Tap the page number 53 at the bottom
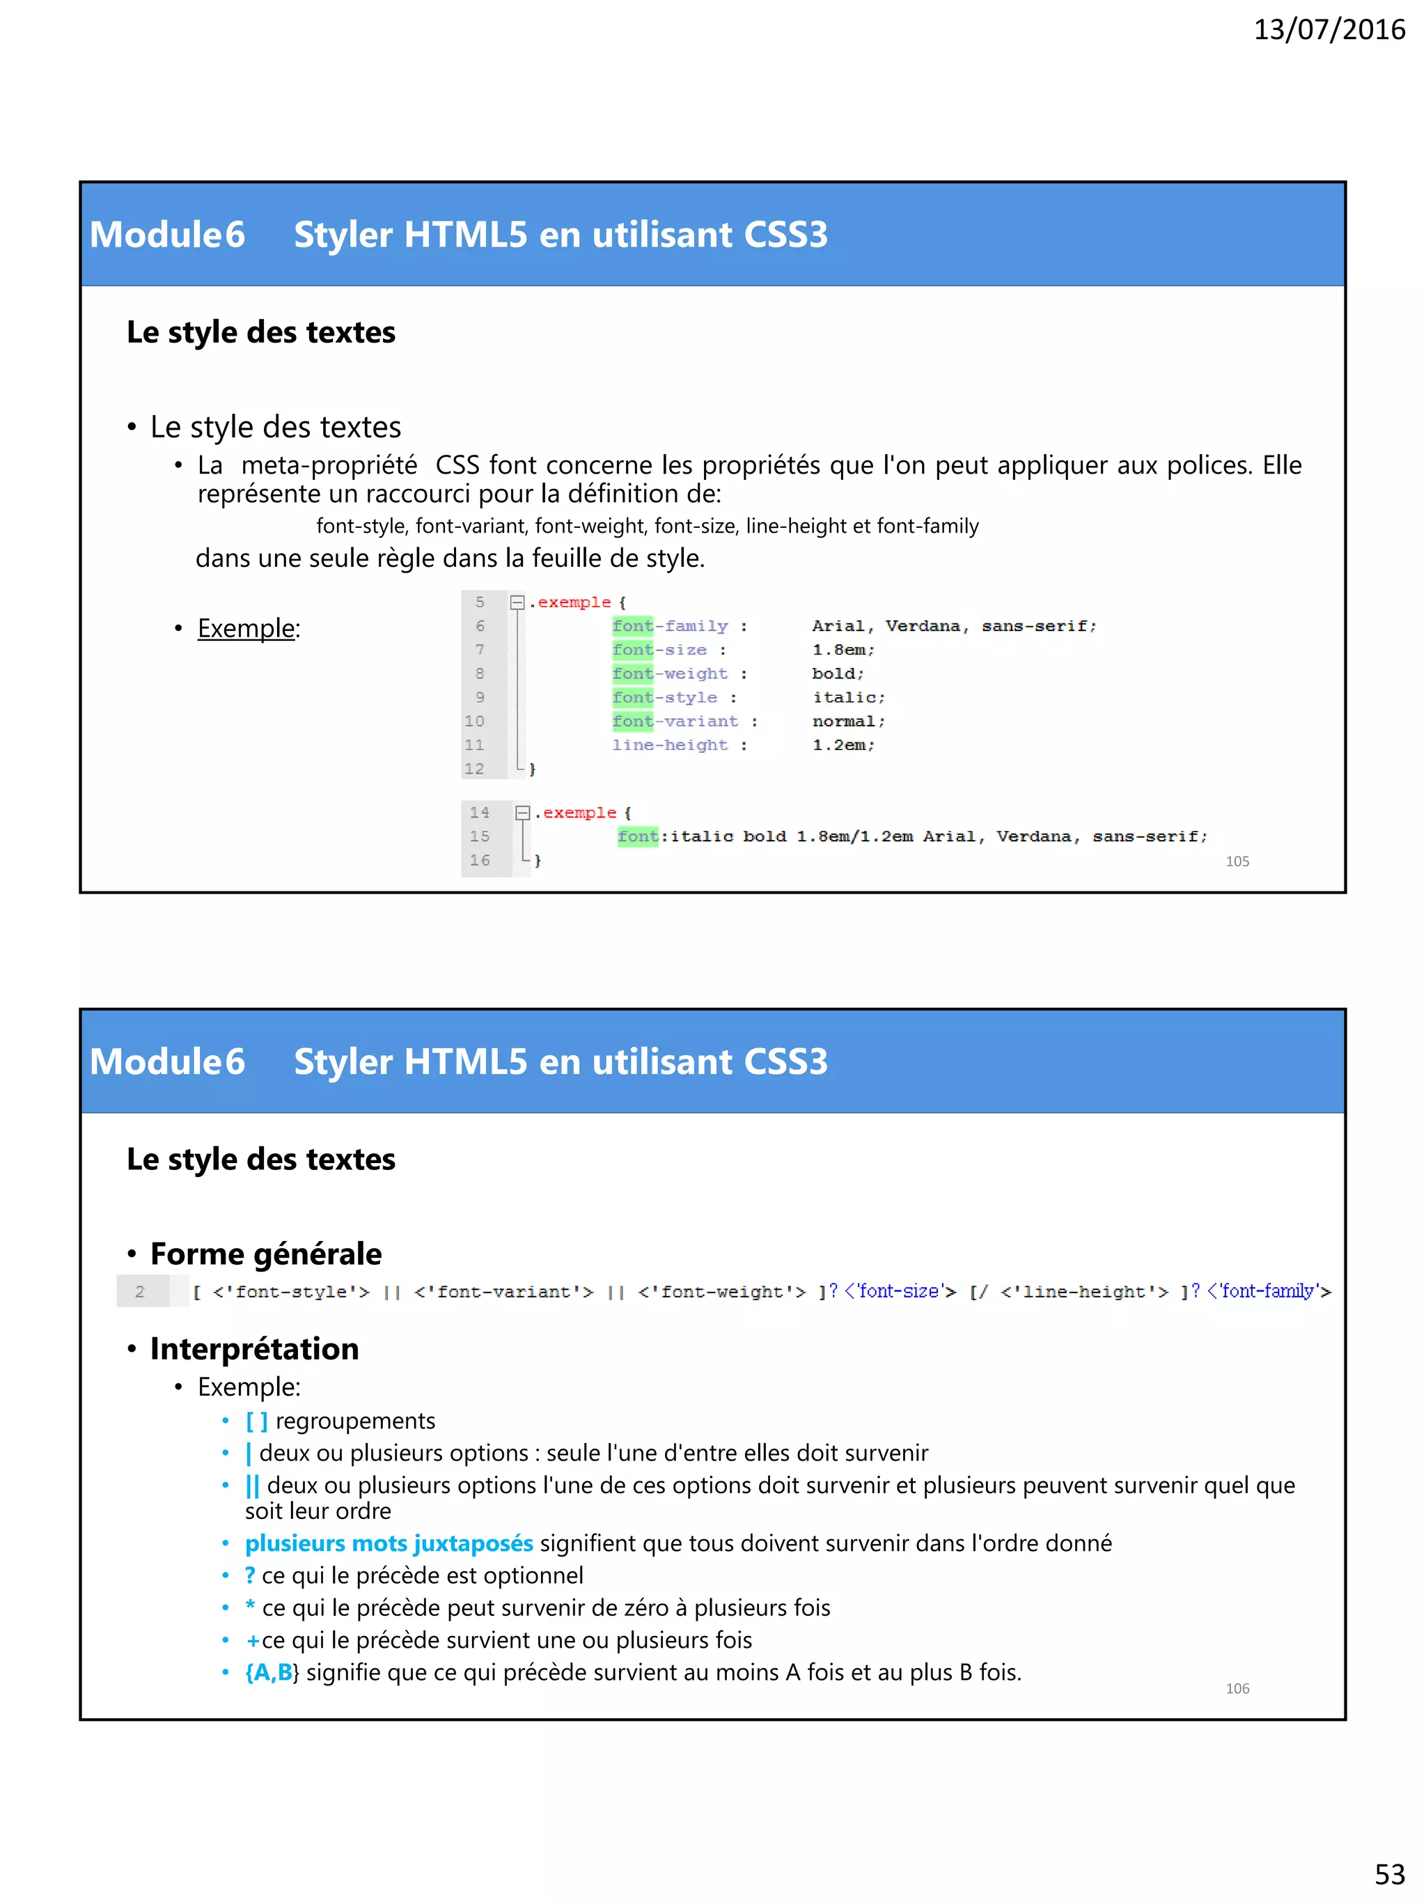pyautogui.click(x=1389, y=1873)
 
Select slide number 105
pyautogui.click(x=1237, y=862)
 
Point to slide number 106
pyautogui.click(x=1237, y=1689)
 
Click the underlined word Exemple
pyautogui.click(x=246, y=629)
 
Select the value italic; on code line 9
pyautogui.click(x=848, y=697)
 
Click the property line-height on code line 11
pyautogui.click(x=670, y=745)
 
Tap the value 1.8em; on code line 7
pyautogui.click(x=843, y=650)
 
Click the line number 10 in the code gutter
pyautogui.click(x=474, y=722)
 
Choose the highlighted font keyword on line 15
pyautogui.click(x=638, y=836)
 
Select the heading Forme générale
pyautogui.click(x=265, y=1254)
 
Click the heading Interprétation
pyautogui.click(x=254, y=1349)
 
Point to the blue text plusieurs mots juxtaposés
pyautogui.click(x=389, y=1543)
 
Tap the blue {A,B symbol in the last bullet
pyautogui.click(x=269, y=1672)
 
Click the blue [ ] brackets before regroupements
pyautogui.click(x=256, y=1421)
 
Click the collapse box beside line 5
pyautogui.click(x=517, y=602)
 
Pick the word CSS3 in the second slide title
pyautogui.click(x=785, y=1062)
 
